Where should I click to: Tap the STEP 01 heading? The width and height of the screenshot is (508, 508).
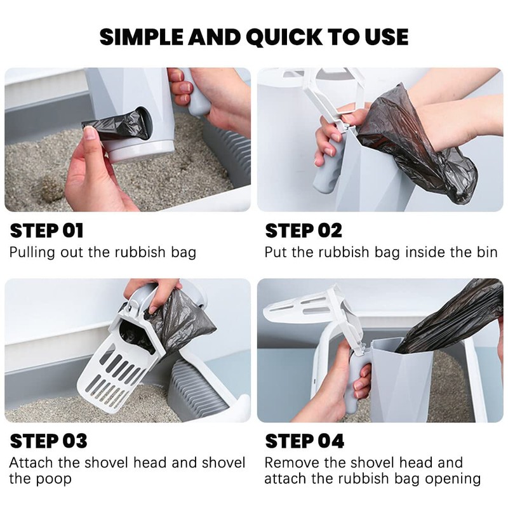pos(46,231)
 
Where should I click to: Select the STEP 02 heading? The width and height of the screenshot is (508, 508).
pos(304,231)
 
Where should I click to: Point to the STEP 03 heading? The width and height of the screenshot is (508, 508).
pos(49,441)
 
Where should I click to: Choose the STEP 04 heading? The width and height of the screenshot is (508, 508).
pos(305,441)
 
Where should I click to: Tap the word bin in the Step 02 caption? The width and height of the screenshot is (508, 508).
pos(486,252)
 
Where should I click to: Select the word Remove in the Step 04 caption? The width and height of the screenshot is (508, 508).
pos(292,463)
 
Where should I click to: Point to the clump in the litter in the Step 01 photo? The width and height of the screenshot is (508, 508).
pos(51,189)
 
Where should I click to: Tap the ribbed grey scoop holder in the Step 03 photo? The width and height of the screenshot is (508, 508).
pos(200,389)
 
